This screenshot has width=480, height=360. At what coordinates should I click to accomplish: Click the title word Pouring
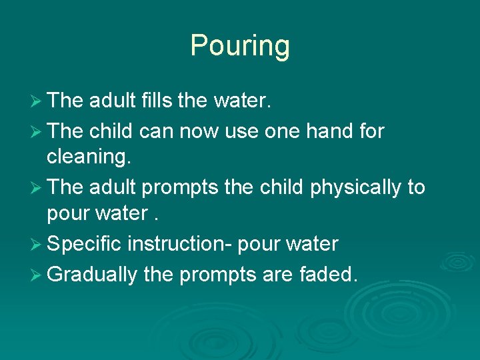[240, 46]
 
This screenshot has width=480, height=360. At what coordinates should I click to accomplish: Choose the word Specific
[85, 244]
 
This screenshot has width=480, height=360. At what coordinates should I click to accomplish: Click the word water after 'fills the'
[242, 101]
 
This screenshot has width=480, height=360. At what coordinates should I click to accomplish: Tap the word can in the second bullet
[155, 131]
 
